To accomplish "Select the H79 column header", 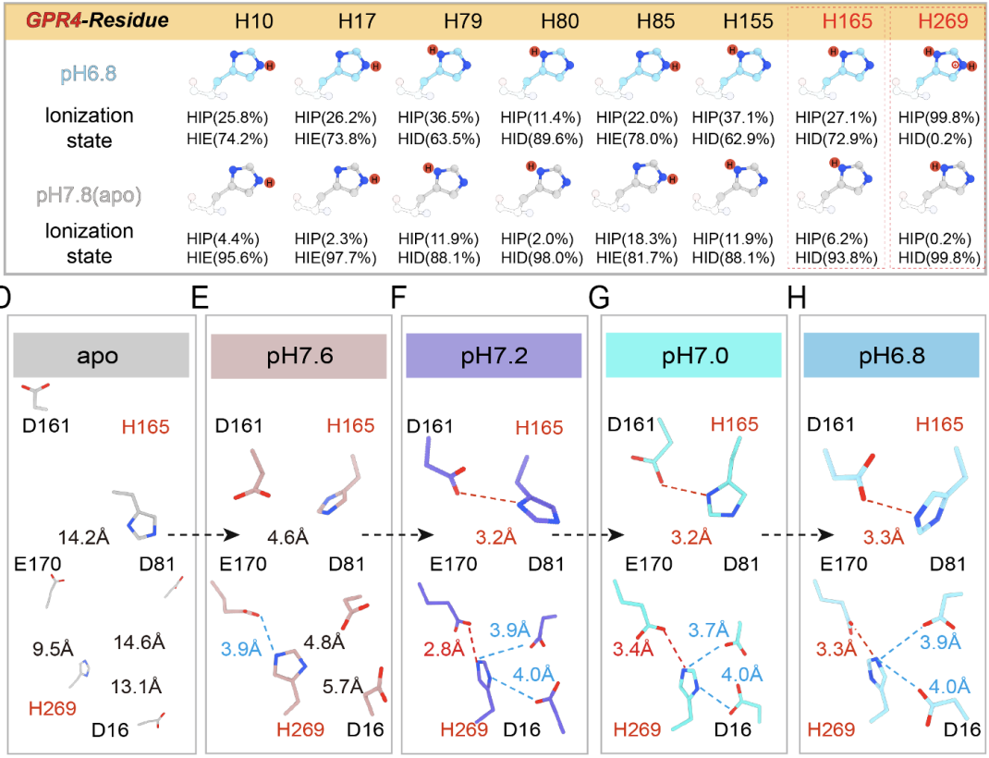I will pyautogui.click(x=461, y=20).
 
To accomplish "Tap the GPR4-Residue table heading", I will pyautogui.click(x=96, y=20).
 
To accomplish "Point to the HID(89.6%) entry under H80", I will pyautogui.click(x=543, y=141).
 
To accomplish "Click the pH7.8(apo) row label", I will pyautogui.click(x=90, y=196).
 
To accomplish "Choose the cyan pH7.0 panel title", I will pyautogui.click(x=692, y=356).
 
